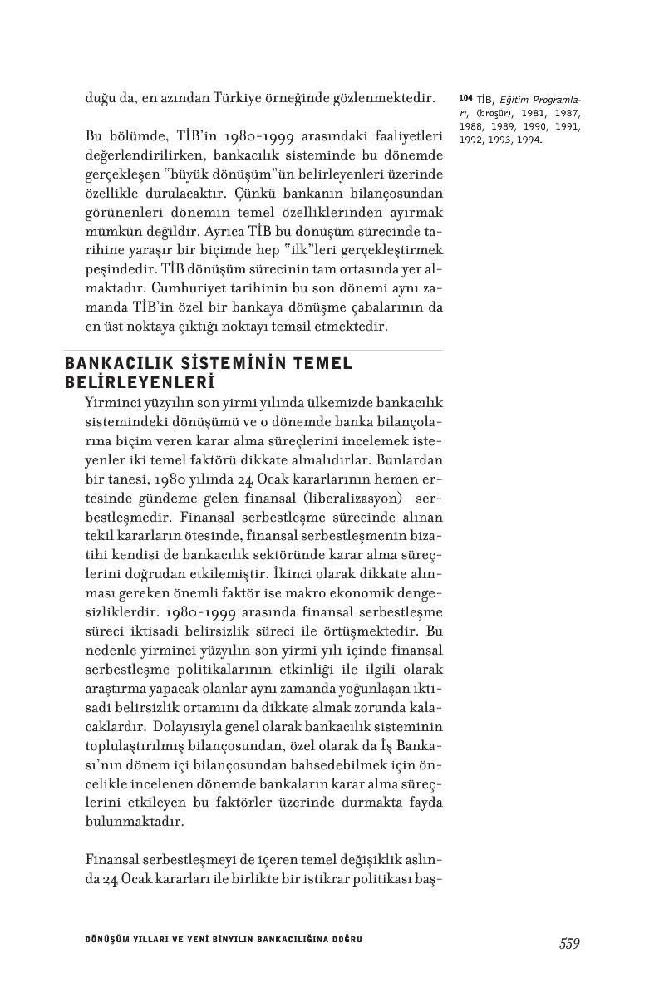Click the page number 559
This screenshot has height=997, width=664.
click(569, 943)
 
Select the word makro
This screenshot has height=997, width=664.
click(329, 590)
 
